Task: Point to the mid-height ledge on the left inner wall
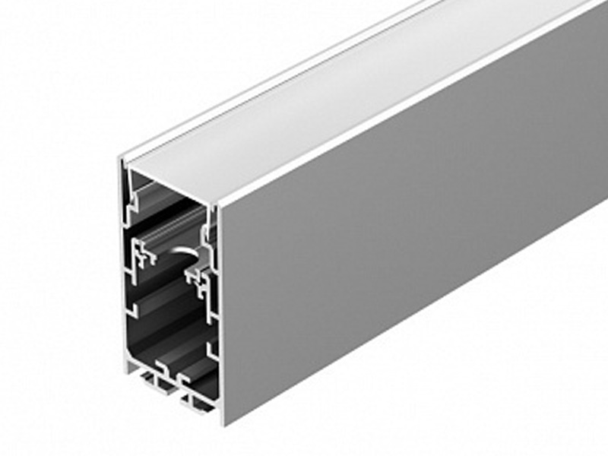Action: coord(137,308)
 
